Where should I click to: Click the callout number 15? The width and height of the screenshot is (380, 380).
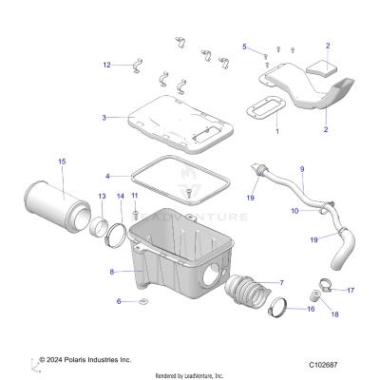tap(62, 162)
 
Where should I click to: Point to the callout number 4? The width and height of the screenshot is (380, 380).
tap(107, 176)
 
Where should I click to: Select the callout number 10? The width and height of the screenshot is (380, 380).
tap(294, 210)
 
